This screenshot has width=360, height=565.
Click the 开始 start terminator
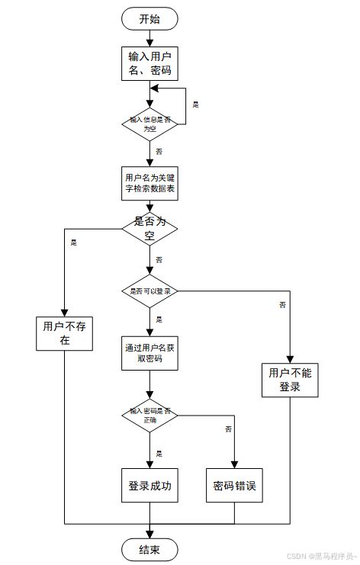(x=149, y=19)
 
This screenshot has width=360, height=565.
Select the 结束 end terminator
(x=149, y=551)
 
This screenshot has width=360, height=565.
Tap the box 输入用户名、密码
(x=149, y=63)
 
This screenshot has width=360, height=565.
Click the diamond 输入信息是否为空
(x=149, y=124)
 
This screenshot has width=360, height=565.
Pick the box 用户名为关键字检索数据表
(x=150, y=185)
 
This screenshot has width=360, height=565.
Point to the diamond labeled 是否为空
(x=149, y=228)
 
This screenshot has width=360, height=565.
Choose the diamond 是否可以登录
(x=149, y=291)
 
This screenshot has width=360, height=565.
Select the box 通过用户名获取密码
(x=149, y=354)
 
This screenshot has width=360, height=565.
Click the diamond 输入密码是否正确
(x=149, y=416)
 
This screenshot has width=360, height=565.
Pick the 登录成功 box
(x=149, y=485)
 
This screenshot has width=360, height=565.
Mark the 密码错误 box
(x=235, y=485)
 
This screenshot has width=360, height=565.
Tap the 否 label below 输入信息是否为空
(x=159, y=152)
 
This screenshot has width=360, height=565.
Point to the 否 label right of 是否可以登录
(x=282, y=305)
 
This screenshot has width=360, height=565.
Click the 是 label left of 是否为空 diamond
(x=74, y=242)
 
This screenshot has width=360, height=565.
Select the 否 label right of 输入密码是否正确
(x=227, y=430)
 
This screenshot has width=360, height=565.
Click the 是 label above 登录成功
(x=159, y=453)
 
